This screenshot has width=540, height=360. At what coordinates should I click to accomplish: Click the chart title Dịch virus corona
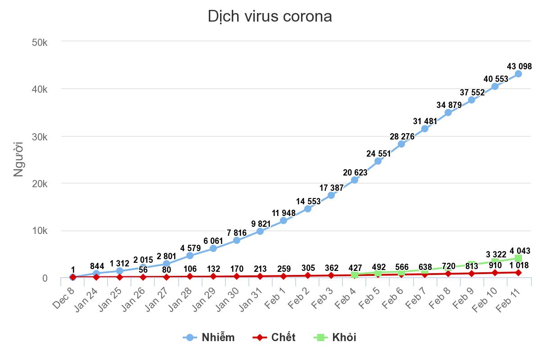(x=270, y=17)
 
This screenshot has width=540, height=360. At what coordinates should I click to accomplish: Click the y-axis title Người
(x=18, y=160)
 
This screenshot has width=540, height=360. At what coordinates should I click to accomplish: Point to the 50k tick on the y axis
(x=40, y=42)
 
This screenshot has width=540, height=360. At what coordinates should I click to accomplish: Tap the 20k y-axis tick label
(x=40, y=184)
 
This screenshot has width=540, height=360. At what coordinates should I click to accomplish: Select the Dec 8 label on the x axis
(x=64, y=295)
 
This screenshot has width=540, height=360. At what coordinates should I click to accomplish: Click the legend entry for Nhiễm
(x=209, y=337)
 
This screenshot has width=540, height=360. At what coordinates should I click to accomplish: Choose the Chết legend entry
(x=274, y=337)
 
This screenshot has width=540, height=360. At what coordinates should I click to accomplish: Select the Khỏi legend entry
(x=335, y=337)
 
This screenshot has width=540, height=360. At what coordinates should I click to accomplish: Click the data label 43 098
(x=519, y=67)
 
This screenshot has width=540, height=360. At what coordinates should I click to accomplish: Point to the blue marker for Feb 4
(x=355, y=180)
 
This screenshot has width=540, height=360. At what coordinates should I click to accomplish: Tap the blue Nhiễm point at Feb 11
(x=518, y=74)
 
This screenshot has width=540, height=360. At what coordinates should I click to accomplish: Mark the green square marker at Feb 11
(x=518, y=258)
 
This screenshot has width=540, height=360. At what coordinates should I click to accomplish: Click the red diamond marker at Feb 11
(x=518, y=273)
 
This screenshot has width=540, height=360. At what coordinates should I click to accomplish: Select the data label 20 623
(x=355, y=173)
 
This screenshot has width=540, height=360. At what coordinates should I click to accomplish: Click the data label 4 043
(x=520, y=251)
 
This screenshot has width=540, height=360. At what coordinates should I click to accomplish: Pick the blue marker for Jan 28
(x=190, y=256)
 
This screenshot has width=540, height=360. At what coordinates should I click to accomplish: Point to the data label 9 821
(x=260, y=224)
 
